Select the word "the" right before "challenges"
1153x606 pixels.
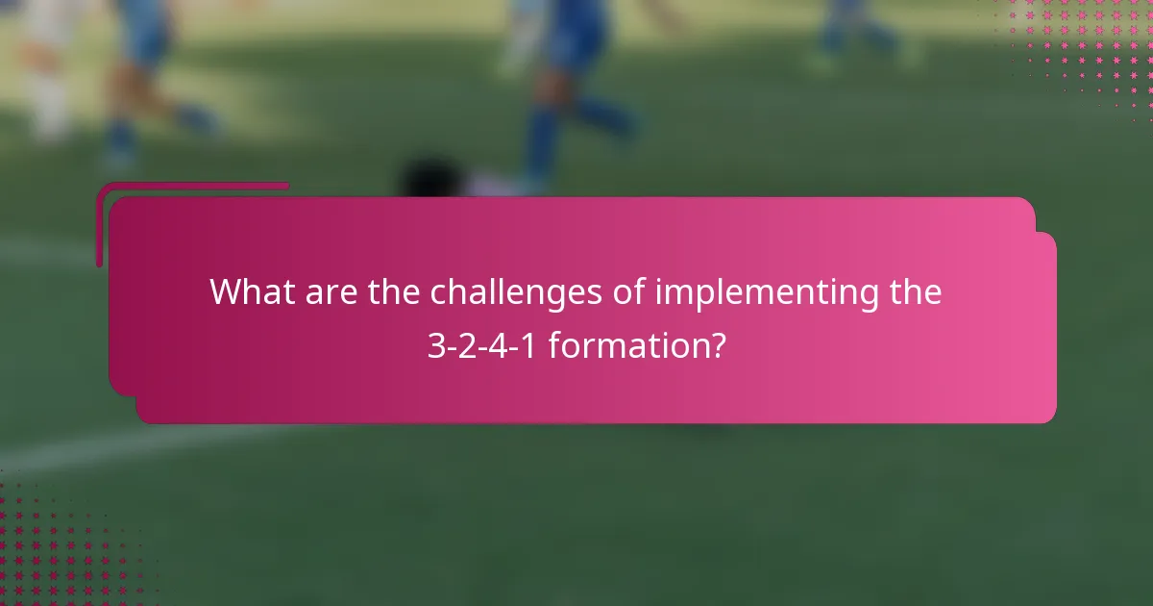[395, 291]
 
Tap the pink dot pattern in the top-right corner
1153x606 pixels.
[1086, 48]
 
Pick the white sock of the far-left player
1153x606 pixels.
[48, 111]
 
